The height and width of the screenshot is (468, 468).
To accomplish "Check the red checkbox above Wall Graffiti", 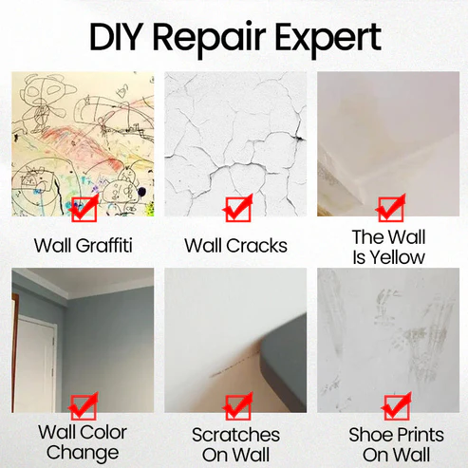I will coord(84,208).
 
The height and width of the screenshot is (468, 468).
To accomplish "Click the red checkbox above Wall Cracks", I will coord(236,208).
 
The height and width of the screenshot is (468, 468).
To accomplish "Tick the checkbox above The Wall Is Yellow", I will coord(388,208).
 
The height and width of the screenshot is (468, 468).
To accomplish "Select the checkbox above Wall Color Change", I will coord(84,407).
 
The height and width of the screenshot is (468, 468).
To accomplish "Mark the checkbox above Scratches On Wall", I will coord(236,407).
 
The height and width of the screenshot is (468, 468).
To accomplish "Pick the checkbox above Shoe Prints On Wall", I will coord(388,407).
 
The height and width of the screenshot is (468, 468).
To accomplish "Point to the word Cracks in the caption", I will coord(258,246).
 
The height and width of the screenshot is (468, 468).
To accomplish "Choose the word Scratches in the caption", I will coord(235,435).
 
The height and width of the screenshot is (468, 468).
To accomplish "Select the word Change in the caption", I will coord(84,454).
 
